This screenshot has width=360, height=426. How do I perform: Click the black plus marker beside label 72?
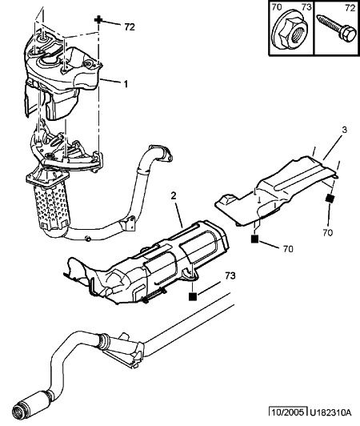click(x=98, y=20)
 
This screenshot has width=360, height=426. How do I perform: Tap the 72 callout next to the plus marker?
click(x=130, y=27)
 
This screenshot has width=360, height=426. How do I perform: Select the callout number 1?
click(x=126, y=84)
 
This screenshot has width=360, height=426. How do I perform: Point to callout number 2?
click(x=174, y=195)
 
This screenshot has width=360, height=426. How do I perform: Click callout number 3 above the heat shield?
click(x=344, y=130)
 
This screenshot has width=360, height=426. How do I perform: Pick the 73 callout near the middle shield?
click(x=230, y=275)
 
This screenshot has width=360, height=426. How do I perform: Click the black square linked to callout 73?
click(x=193, y=296)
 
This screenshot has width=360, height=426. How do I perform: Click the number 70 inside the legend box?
click(x=277, y=7)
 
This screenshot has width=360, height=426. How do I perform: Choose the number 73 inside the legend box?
click(x=306, y=7)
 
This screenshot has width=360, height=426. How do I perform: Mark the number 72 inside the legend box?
click(x=350, y=8)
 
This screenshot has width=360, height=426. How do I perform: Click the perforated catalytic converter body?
click(x=51, y=203)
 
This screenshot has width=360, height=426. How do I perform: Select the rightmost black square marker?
click(x=330, y=199)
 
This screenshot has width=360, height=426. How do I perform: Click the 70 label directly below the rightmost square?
click(x=328, y=232)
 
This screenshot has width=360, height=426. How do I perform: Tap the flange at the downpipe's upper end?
click(x=161, y=152)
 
